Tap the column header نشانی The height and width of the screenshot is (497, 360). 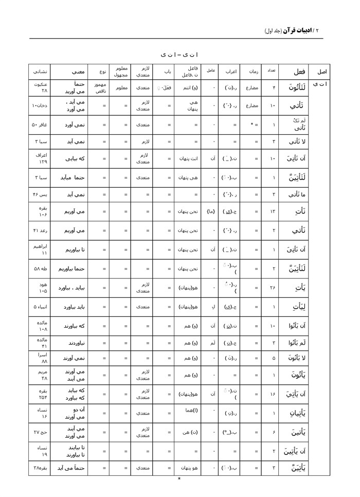coord(41,72)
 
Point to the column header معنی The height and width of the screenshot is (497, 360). coord(71,72)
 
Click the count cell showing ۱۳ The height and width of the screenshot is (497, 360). coord(274,212)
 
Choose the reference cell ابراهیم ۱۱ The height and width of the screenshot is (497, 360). coord(41,250)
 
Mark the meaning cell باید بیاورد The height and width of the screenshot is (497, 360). coord(71,308)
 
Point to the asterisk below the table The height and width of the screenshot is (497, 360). coord(179,480)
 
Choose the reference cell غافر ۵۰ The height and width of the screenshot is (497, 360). coord(41,125)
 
